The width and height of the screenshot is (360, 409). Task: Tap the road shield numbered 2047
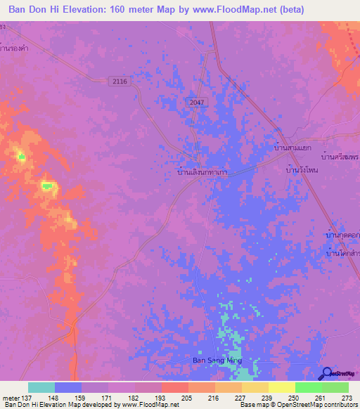pyautogui.click(x=198, y=103)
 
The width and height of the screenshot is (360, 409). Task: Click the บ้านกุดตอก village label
pyautogui.click(x=343, y=235)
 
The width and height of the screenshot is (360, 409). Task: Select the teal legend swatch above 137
pyautogui.click(x=41, y=387)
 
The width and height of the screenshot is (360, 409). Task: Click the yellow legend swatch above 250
pyautogui.click(x=281, y=387)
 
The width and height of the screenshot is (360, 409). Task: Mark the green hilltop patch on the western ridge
pyautogui.click(x=48, y=186)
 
